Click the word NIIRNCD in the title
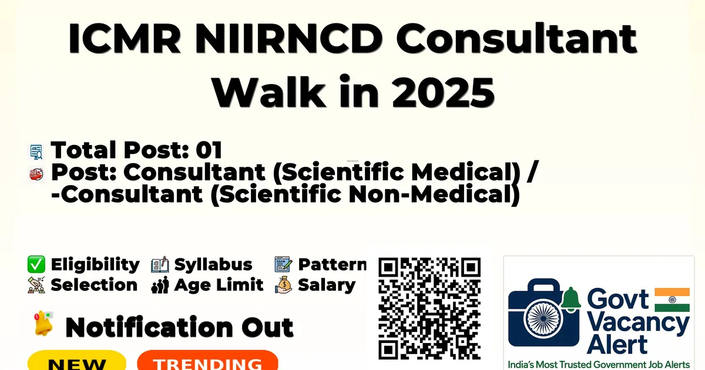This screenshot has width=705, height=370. pos(288,38)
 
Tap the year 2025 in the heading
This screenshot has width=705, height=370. pos(443,93)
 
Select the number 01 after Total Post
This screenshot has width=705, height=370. pos(209,150)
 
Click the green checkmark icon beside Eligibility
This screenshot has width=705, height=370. pos(36,264)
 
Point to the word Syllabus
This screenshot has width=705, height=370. pos(213,265)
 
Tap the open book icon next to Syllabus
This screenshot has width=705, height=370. pos(160,264)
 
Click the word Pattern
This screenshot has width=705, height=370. pos(333,264)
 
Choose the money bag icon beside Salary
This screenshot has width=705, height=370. pos(284,285)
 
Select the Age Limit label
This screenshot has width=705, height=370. pos(219,285)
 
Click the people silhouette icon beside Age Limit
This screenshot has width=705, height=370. pos(160,285)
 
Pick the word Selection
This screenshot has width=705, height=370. pos(94,285)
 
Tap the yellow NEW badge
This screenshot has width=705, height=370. pos(77,361)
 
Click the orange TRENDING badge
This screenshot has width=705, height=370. pos(208,361)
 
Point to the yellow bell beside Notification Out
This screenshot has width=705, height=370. pos(43,324)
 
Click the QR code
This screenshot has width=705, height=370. pos(429,308)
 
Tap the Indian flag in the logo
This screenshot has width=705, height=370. pos(672,300)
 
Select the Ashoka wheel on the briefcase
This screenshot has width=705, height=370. pos(543,318)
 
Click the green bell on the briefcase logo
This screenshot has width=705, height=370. pos(570,299)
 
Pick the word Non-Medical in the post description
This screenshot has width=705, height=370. pos(434,194)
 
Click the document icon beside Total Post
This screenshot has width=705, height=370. pos(36,152)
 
